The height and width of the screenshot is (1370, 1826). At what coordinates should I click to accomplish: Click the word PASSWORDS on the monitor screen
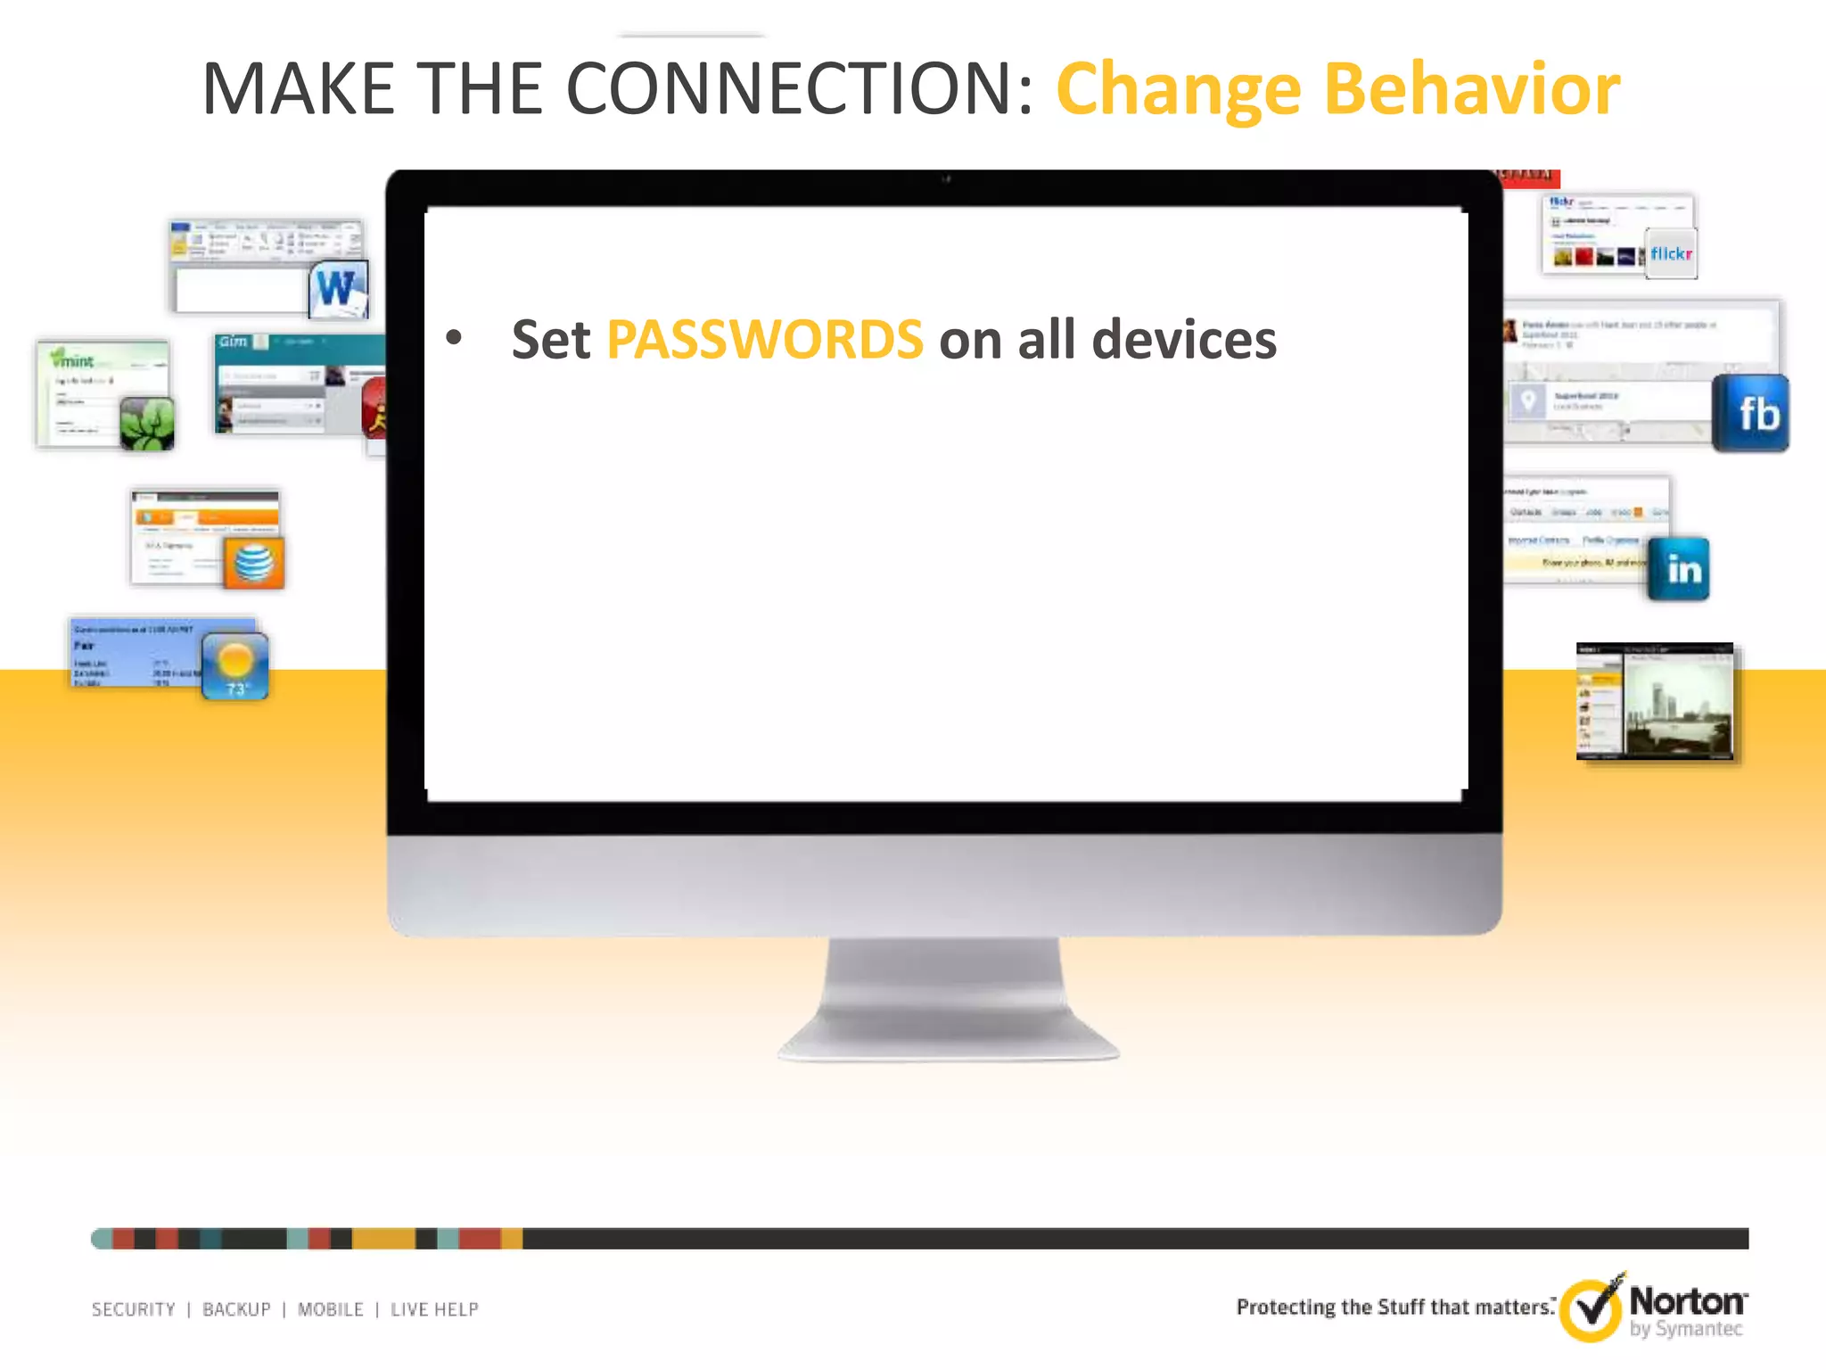(x=764, y=340)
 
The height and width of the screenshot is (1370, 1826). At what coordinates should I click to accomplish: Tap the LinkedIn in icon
(x=1679, y=569)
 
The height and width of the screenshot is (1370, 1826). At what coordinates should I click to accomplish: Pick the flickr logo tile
(x=1670, y=254)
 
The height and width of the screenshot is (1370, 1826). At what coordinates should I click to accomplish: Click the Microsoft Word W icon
(x=338, y=288)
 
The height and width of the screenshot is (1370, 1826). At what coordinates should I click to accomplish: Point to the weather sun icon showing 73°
(x=235, y=665)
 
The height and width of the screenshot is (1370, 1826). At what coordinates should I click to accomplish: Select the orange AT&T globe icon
(x=254, y=563)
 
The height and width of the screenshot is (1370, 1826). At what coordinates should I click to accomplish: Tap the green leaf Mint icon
(x=147, y=423)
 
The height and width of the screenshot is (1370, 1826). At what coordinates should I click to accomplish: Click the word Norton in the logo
(x=1687, y=1301)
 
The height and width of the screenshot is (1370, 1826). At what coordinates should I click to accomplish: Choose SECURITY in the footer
(x=134, y=1309)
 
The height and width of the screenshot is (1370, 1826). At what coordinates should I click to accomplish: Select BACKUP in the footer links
(x=236, y=1309)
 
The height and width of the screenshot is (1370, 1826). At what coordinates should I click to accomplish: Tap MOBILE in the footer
(x=331, y=1309)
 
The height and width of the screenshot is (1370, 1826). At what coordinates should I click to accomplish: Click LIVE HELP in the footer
(x=434, y=1309)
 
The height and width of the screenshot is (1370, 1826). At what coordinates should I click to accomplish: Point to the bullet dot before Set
(x=455, y=338)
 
